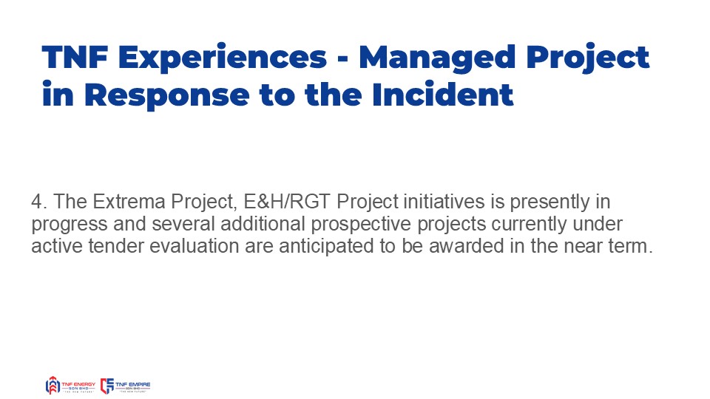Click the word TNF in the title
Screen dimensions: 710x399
click(x=75, y=57)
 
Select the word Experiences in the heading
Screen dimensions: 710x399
click(x=223, y=59)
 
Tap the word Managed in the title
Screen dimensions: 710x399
click(x=437, y=59)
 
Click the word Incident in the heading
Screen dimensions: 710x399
click(x=442, y=95)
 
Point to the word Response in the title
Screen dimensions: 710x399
click(x=166, y=97)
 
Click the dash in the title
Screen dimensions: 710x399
click(x=342, y=60)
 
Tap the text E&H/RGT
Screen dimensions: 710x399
click(x=287, y=202)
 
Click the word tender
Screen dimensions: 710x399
click(x=116, y=246)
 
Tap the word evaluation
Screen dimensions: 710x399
click(x=195, y=246)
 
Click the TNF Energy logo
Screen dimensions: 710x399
click(x=70, y=386)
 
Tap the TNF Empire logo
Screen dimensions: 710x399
click(x=125, y=386)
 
